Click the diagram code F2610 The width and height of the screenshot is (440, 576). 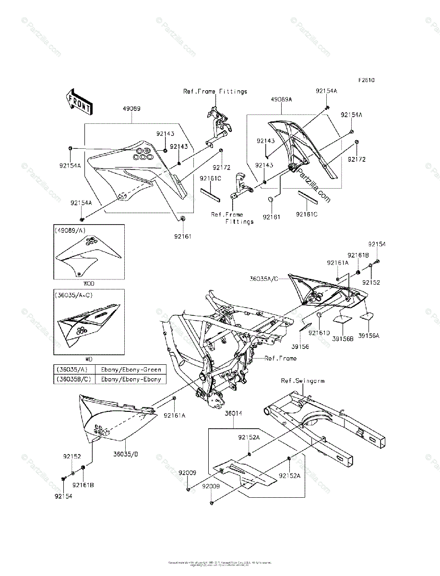coord(365,80)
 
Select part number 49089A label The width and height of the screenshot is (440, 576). coord(281,99)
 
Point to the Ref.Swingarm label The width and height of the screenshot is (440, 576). coord(302,381)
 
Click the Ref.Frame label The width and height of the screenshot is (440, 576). coord(281,358)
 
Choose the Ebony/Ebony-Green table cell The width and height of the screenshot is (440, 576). coord(131,369)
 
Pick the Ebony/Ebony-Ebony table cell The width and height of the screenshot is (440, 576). coord(131,379)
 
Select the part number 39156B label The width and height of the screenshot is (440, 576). coord(344,337)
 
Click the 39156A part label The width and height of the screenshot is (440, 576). coord(369,336)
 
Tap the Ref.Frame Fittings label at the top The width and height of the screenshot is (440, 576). coord(215,91)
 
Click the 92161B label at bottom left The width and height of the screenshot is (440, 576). coord(83,485)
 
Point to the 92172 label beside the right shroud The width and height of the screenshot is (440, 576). coord(357,159)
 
